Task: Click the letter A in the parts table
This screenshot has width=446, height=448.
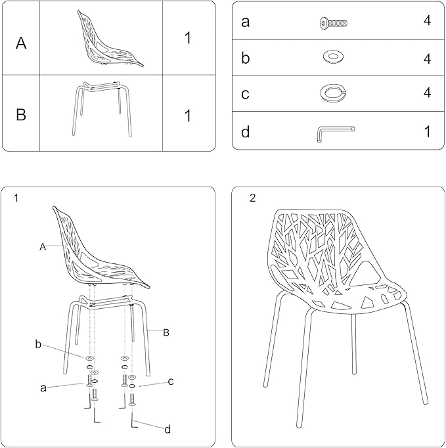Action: [21, 43]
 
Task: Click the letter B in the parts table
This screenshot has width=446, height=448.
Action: [21, 114]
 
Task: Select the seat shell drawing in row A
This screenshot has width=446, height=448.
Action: [110, 39]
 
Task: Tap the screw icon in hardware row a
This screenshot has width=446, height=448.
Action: [334, 23]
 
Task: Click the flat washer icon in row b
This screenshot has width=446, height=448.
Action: [333, 56]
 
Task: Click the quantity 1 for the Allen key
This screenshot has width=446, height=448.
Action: [427, 132]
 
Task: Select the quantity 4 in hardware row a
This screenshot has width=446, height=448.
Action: [427, 20]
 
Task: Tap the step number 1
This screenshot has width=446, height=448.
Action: [16, 198]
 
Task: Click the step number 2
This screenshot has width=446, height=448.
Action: [252, 198]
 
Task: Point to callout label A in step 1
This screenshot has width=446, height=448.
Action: [43, 247]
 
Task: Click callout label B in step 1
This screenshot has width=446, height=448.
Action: [166, 332]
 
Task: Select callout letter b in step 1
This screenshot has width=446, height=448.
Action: [38, 344]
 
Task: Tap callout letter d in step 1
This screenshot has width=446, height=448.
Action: [167, 429]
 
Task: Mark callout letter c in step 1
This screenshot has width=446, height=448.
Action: [171, 382]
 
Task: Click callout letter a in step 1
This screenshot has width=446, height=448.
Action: [43, 388]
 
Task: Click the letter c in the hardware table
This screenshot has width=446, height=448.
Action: [245, 94]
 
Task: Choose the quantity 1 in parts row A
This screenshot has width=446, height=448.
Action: [187, 37]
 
